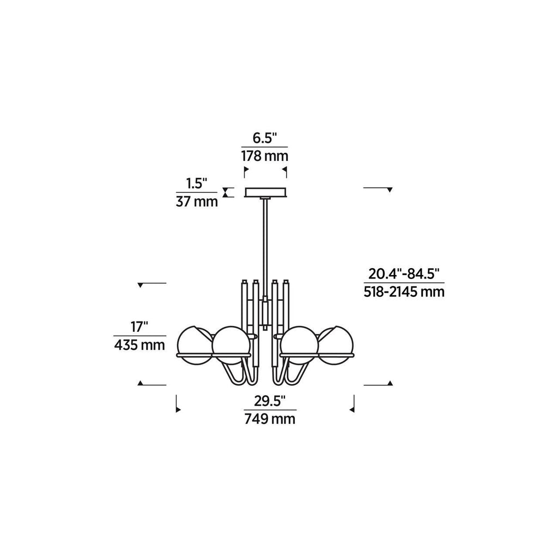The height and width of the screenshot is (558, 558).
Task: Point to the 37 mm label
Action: [x=197, y=202]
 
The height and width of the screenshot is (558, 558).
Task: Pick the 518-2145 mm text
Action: [x=404, y=292]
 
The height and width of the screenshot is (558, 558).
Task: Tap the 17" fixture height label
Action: [x=139, y=327]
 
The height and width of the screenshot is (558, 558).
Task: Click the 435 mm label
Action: [x=139, y=345]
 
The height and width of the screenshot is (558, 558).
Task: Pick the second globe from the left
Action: [x=231, y=345]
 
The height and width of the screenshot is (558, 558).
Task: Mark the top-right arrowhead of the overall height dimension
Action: [x=390, y=189]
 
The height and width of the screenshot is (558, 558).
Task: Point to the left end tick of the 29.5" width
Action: [x=178, y=404]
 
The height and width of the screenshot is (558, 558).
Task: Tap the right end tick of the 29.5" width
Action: [x=354, y=404]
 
